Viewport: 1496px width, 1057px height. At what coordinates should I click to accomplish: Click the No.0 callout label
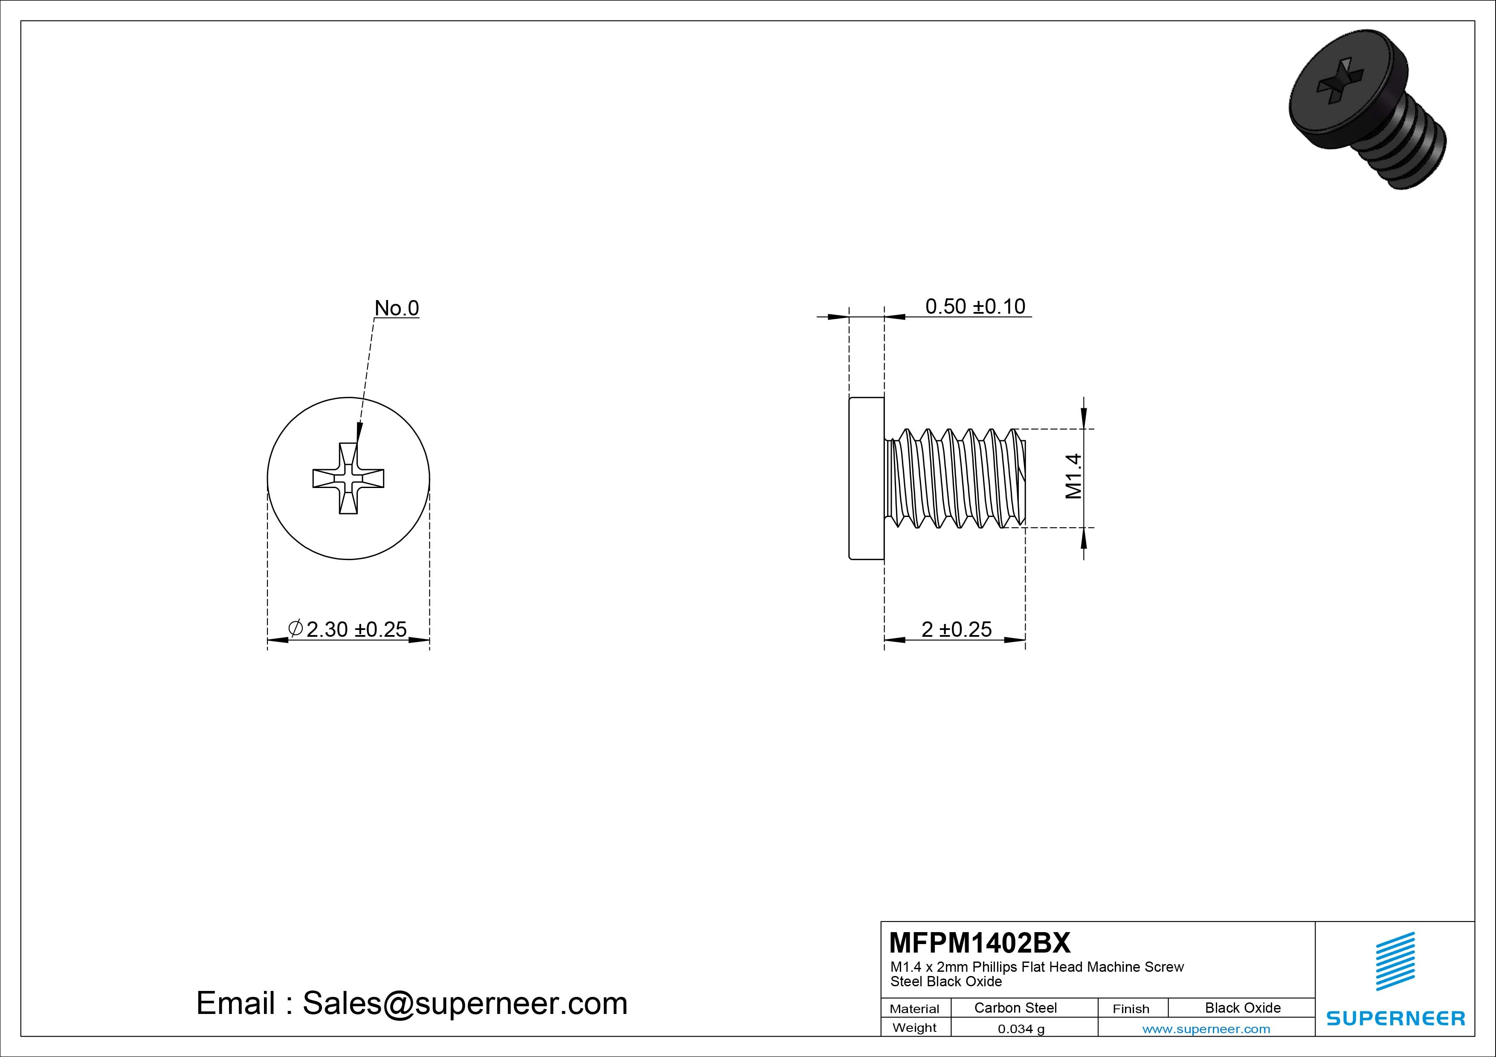[x=396, y=308]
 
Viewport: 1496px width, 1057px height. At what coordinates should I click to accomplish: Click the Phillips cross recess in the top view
[x=348, y=479]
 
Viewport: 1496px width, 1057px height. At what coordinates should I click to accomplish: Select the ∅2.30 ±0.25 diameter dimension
[x=348, y=629]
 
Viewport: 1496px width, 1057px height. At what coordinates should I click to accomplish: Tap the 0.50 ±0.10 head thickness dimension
[x=975, y=306]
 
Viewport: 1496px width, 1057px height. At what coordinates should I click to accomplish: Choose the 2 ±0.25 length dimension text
[x=956, y=629]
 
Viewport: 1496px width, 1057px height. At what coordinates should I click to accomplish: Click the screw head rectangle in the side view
[x=867, y=478]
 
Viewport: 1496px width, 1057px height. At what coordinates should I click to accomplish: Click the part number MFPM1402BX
[x=979, y=942]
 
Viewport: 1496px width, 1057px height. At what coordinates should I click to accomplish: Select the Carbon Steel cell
[x=1015, y=1008]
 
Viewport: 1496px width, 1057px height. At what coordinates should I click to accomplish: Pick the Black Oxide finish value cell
[x=1243, y=1008]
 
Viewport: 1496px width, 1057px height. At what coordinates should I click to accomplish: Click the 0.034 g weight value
[x=1021, y=1029]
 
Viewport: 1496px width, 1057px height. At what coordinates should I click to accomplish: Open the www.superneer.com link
[x=1206, y=1029]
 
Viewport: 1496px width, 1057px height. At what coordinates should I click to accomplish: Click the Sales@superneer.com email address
[x=464, y=1003]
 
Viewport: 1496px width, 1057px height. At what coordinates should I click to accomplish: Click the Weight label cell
[x=914, y=1028]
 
